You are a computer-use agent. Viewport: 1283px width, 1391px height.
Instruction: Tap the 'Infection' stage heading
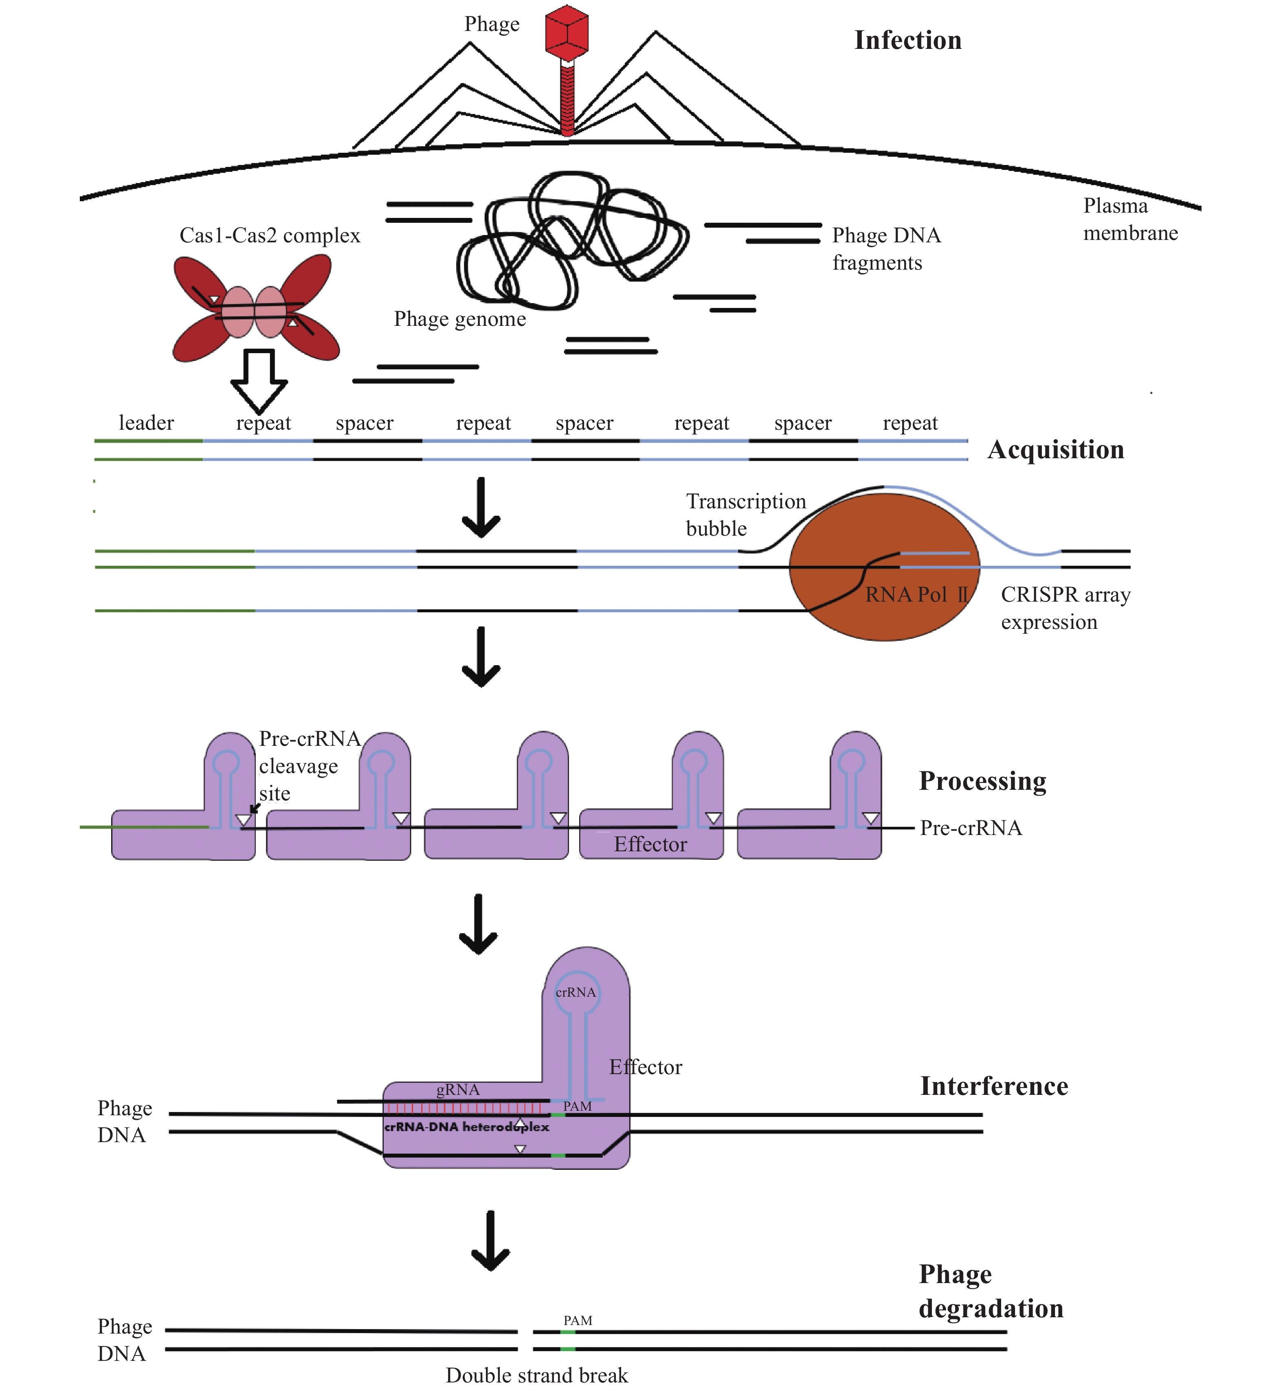(907, 40)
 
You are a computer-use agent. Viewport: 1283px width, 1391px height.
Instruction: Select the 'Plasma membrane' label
(1129, 219)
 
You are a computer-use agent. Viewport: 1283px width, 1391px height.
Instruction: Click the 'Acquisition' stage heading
(1055, 450)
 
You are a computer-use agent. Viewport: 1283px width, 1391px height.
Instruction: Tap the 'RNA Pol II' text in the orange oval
(916, 595)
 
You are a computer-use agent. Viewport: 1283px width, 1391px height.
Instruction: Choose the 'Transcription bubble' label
(745, 515)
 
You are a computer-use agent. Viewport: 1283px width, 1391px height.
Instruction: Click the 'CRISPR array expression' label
(1065, 608)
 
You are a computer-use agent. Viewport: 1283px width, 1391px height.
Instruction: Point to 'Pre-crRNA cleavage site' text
(309, 766)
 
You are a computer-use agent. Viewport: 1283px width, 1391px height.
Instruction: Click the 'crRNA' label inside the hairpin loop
(576, 993)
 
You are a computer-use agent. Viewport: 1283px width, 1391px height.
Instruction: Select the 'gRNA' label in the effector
(457, 1090)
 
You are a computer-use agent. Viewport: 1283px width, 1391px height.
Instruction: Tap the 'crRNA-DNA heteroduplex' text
(466, 1127)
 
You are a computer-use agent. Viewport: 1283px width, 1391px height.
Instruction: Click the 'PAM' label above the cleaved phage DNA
(578, 1320)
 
